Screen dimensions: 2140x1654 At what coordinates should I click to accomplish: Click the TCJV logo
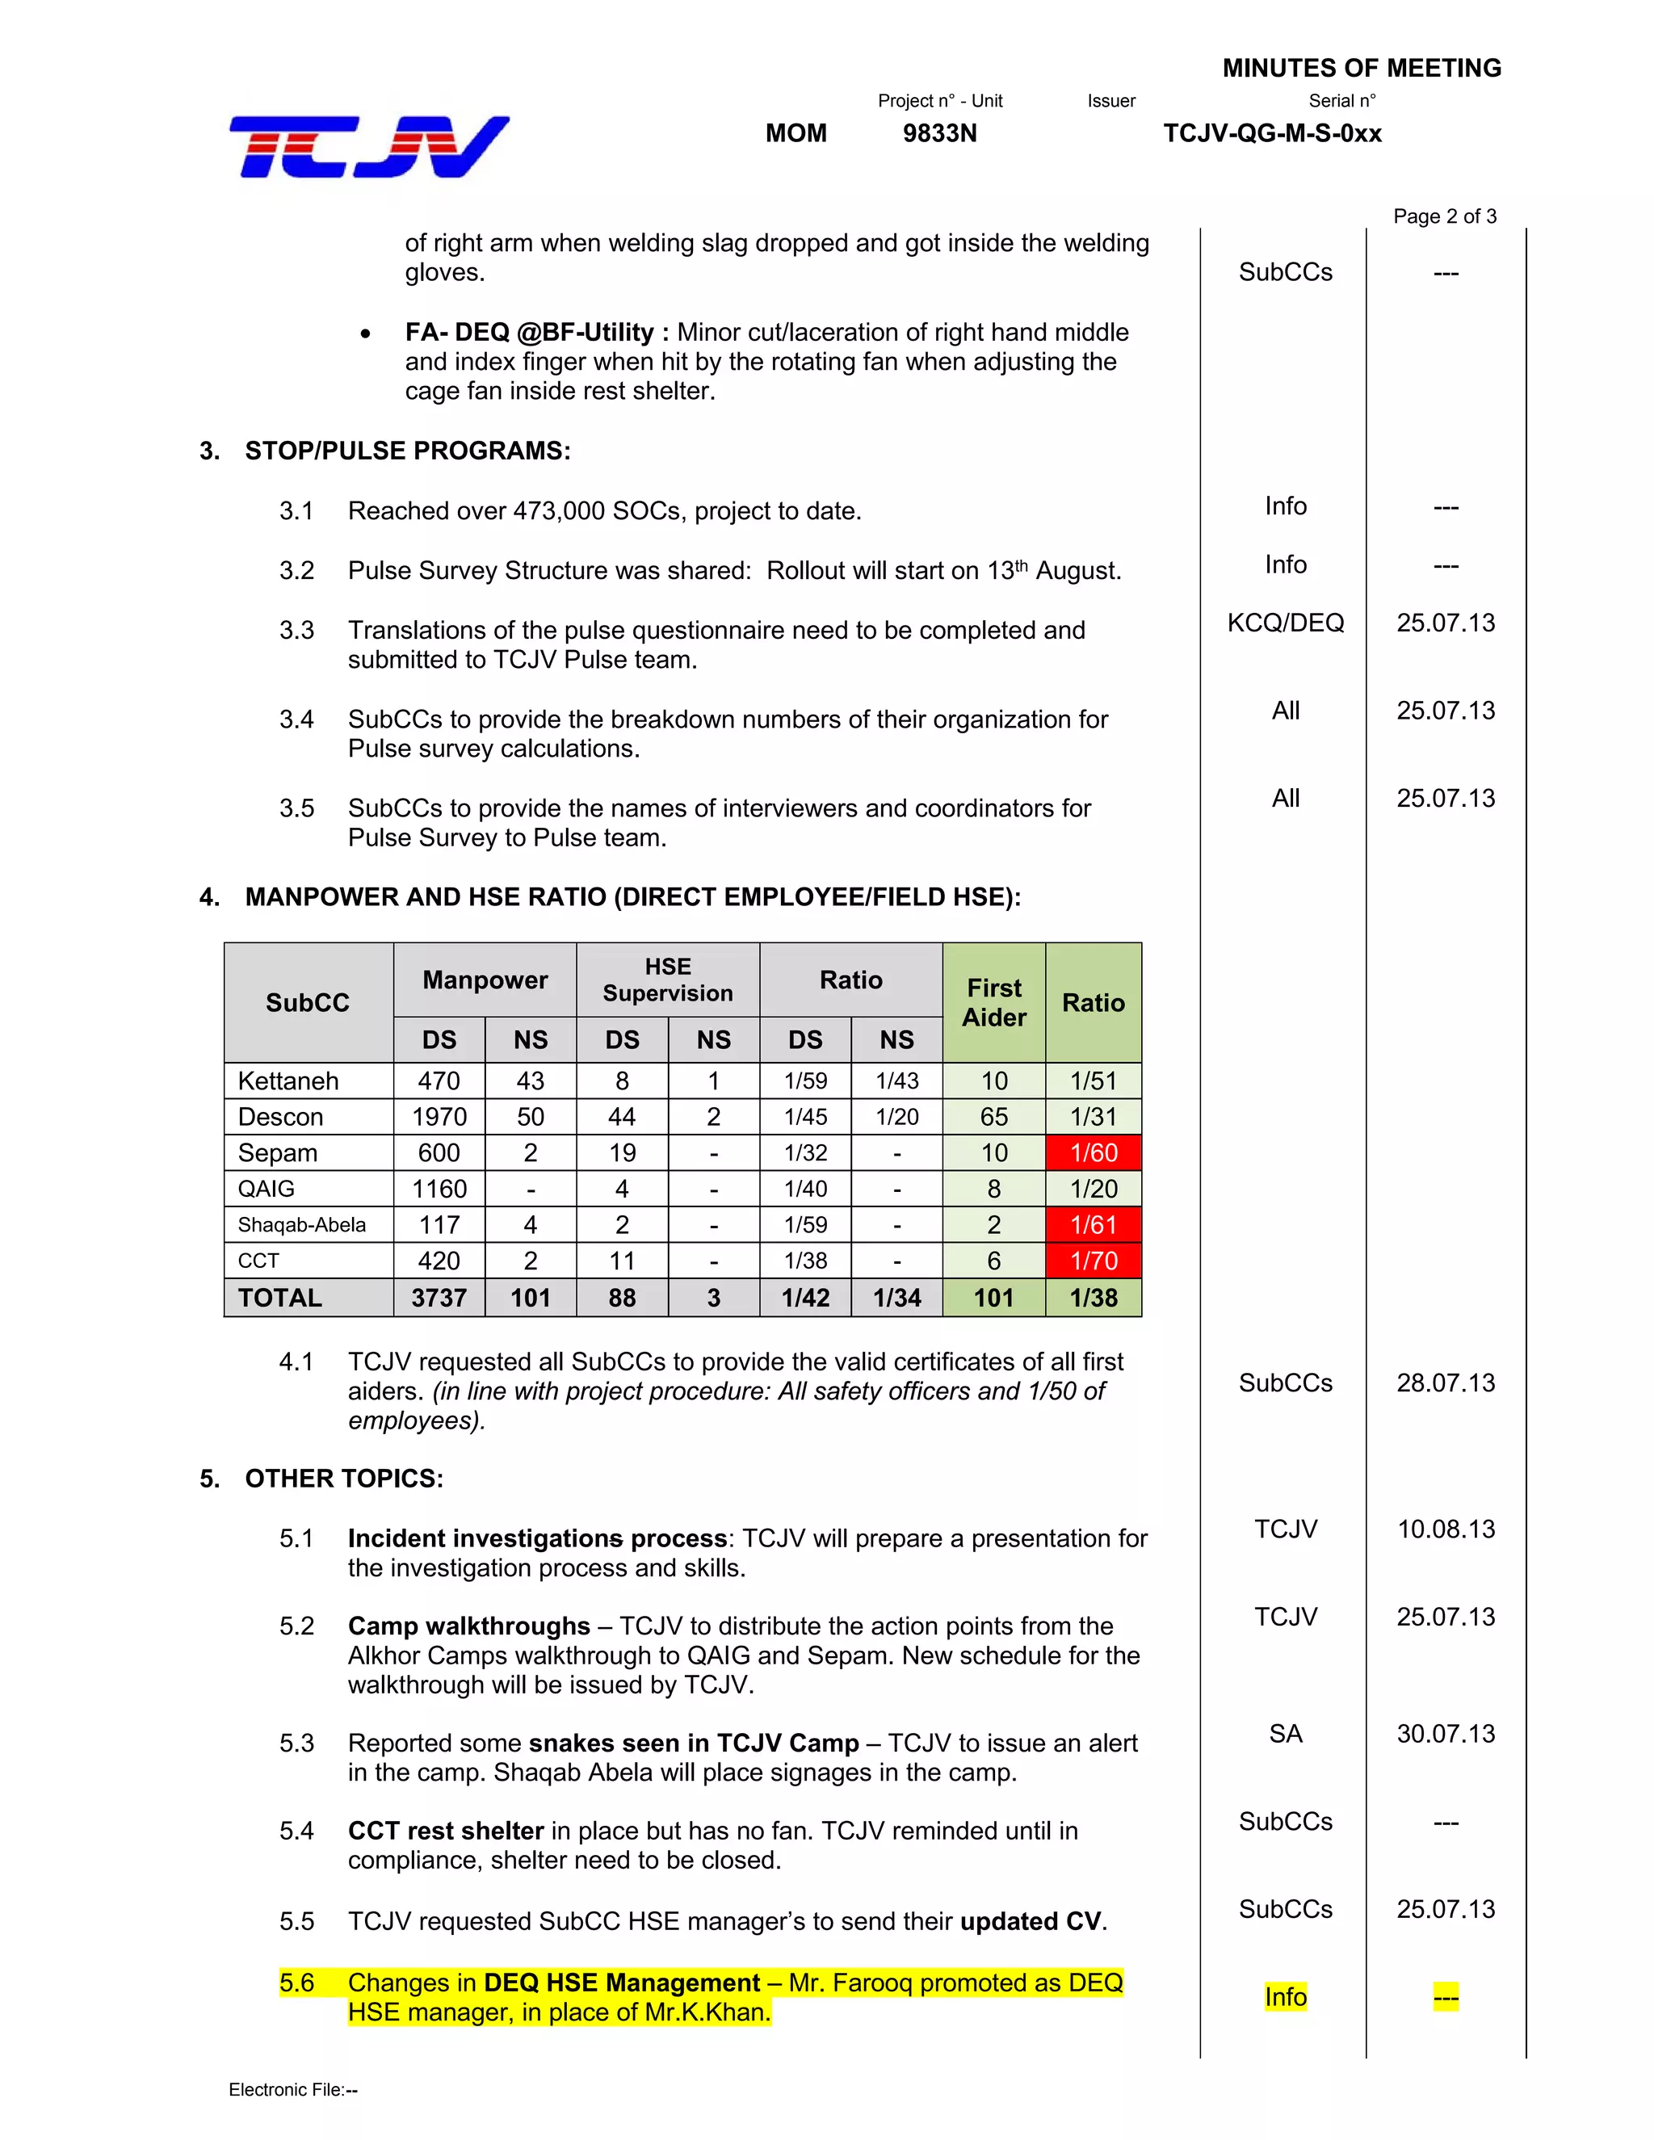[368, 147]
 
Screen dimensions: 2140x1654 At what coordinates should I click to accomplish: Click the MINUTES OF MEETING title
[1361, 68]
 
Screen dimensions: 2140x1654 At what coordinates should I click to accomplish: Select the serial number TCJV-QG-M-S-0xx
[1272, 133]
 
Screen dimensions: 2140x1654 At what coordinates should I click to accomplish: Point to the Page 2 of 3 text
[1444, 216]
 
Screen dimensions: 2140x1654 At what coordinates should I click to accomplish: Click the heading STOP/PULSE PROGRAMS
[407, 451]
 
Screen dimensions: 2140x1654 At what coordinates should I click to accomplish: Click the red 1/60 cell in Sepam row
[1094, 1152]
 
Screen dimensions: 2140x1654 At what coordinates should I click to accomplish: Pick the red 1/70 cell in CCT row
[1094, 1261]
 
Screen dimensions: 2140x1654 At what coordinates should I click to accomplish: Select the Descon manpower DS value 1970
[439, 1117]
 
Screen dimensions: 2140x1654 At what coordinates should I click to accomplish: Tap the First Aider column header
[993, 1002]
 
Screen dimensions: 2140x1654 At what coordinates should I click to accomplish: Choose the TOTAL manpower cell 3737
[439, 1298]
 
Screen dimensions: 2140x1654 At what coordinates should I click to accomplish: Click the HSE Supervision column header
[667, 980]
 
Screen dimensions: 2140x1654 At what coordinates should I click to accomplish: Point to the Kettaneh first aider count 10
[993, 1080]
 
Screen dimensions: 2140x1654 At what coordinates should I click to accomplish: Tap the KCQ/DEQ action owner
[1286, 623]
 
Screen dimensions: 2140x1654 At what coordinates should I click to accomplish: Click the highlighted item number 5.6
[296, 1983]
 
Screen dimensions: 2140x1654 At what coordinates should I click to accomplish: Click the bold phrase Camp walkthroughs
[468, 1626]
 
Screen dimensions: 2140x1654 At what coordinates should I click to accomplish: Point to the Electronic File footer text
[293, 2089]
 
